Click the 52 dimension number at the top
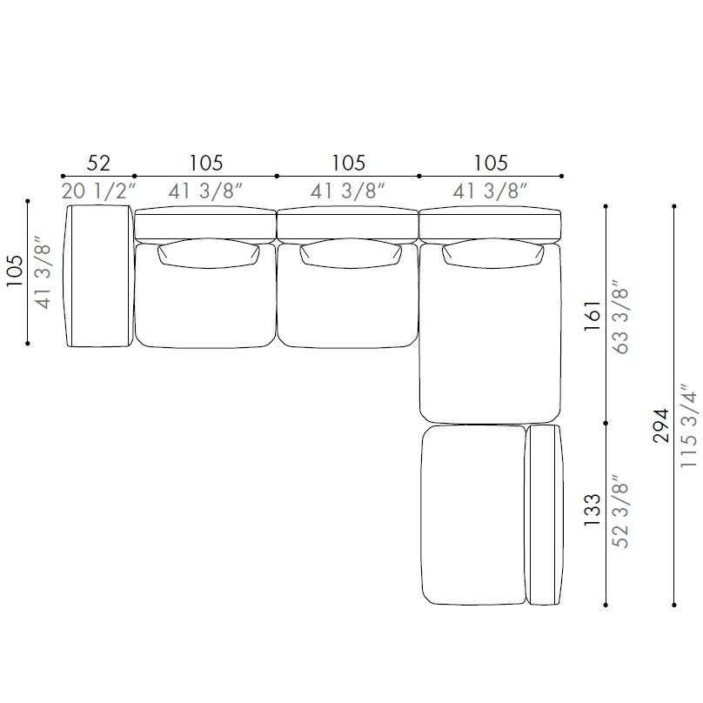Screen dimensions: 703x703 pyautogui.click(x=98, y=163)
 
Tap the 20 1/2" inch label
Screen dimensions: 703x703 pyautogui.click(x=98, y=191)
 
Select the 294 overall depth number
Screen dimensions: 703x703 pyautogui.click(x=662, y=425)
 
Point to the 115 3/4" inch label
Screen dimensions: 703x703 pyautogui.click(x=689, y=426)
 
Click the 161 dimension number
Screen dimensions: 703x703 pyautogui.click(x=593, y=316)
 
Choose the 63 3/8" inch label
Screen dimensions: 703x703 pyautogui.click(x=620, y=317)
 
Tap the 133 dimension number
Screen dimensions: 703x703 pyautogui.click(x=593, y=510)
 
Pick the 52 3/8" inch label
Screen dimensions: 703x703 pyautogui.click(x=620, y=512)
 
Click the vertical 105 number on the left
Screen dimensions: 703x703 pyautogui.click(x=14, y=271)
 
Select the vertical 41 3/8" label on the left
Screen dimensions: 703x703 pyautogui.click(x=44, y=272)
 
